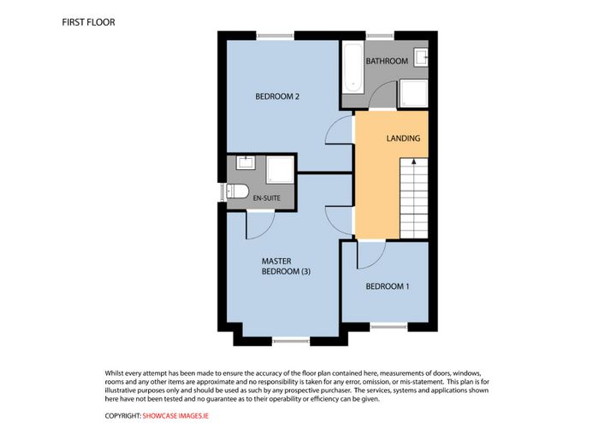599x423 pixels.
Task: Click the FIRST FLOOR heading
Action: [x=88, y=22]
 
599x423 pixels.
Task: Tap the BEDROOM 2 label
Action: [x=277, y=97]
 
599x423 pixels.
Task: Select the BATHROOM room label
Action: [x=387, y=61]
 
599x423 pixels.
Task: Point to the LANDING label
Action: [x=403, y=138]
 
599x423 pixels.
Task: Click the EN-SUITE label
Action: [x=267, y=198]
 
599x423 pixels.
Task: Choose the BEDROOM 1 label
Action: [x=388, y=286]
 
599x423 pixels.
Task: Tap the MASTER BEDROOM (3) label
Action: [x=286, y=267]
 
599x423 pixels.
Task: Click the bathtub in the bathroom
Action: [x=353, y=68]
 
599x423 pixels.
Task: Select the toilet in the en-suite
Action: [x=237, y=191]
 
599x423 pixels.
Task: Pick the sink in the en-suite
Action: [x=246, y=162]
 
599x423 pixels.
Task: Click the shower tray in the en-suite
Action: [x=280, y=169]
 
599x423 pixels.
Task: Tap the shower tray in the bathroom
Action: [x=413, y=93]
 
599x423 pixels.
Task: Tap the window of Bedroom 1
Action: [x=388, y=326]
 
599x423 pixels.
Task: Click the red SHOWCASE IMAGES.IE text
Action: [x=175, y=416]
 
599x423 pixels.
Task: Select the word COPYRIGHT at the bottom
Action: [x=122, y=416]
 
